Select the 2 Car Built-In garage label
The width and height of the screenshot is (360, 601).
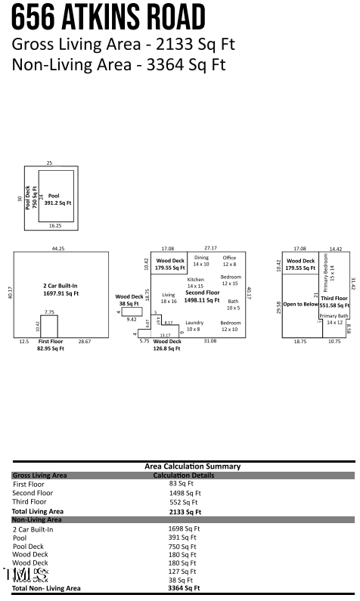(61, 289)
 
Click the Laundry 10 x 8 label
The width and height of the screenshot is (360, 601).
(194, 326)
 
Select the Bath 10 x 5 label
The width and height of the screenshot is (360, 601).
(233, 304)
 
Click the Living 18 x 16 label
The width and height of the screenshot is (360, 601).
(169, 298)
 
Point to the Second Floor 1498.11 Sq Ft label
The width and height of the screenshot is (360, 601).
(202, 296)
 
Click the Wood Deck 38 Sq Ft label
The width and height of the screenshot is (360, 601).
(129, 300)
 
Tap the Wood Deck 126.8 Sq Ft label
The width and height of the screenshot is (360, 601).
(168, 345)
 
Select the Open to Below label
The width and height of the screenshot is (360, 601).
(300, 304)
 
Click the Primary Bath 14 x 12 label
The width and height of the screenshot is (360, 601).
(334, 319)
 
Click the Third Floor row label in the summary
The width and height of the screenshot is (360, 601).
(29, 501)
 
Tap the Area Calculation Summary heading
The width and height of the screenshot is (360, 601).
(192, 466)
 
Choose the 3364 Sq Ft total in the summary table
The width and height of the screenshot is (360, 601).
(184, 587)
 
